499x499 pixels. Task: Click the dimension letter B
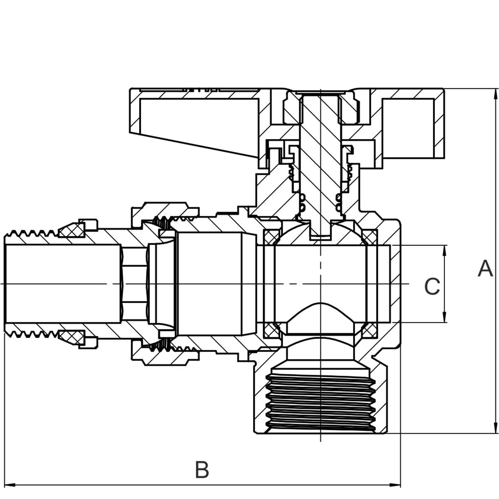click(x=202, y=470)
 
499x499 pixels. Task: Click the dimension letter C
click(x=432, y=287)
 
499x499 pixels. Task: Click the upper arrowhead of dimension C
click(x=445, y=250)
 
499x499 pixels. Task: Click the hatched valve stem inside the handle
click(x=320, y=158)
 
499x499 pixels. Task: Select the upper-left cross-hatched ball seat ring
click(x=271, y=237)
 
